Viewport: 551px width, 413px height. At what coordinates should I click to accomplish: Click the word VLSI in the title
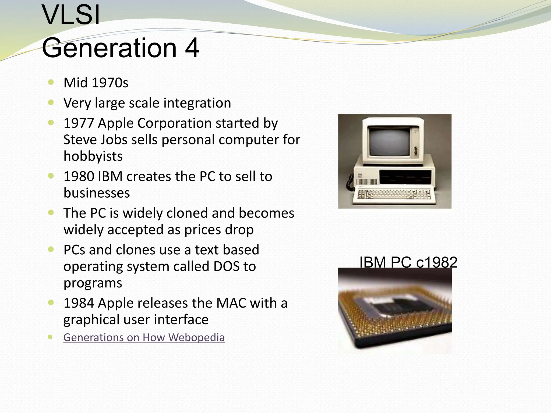(x=71, y=16)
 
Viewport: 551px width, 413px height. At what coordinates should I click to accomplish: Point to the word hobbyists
(x=93, y=156)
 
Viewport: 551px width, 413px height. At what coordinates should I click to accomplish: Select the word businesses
(x=97, y=193)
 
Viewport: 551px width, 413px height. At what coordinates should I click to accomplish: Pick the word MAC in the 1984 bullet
(x=231, y=303)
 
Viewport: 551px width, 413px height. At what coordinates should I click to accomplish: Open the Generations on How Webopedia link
(x=144, y=337)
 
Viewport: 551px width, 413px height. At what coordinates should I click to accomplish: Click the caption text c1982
(x=436, y=262)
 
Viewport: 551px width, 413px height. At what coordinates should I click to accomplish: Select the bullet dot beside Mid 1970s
(x=51, y=82)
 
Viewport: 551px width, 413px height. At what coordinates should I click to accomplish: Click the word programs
(x=93, y=283)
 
